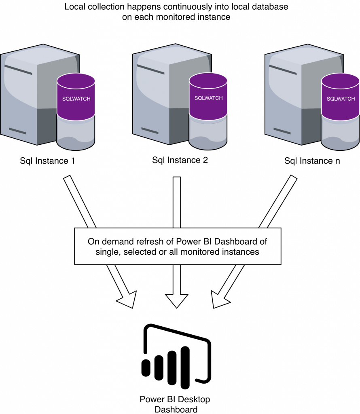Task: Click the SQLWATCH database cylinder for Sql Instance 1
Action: tap(76, 112)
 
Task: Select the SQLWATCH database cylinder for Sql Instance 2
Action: tap(208, 111)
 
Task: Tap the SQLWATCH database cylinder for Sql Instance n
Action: tap(341, 112)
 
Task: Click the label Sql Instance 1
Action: tap(47, 161)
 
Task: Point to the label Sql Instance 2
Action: tap(180, 160)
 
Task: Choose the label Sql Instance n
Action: tap(312, 161)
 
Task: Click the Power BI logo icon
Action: tap(176, 357)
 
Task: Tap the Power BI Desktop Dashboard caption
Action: tap(175, 404)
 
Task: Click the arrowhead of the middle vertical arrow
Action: tap(177, 301)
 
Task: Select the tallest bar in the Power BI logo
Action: tap(185, 368)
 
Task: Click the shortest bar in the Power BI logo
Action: tap(146, 368)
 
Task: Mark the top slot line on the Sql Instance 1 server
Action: tap(18, 70)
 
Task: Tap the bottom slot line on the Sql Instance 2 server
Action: tap(150, 131)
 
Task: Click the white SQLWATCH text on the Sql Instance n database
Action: tap(341, 99)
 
